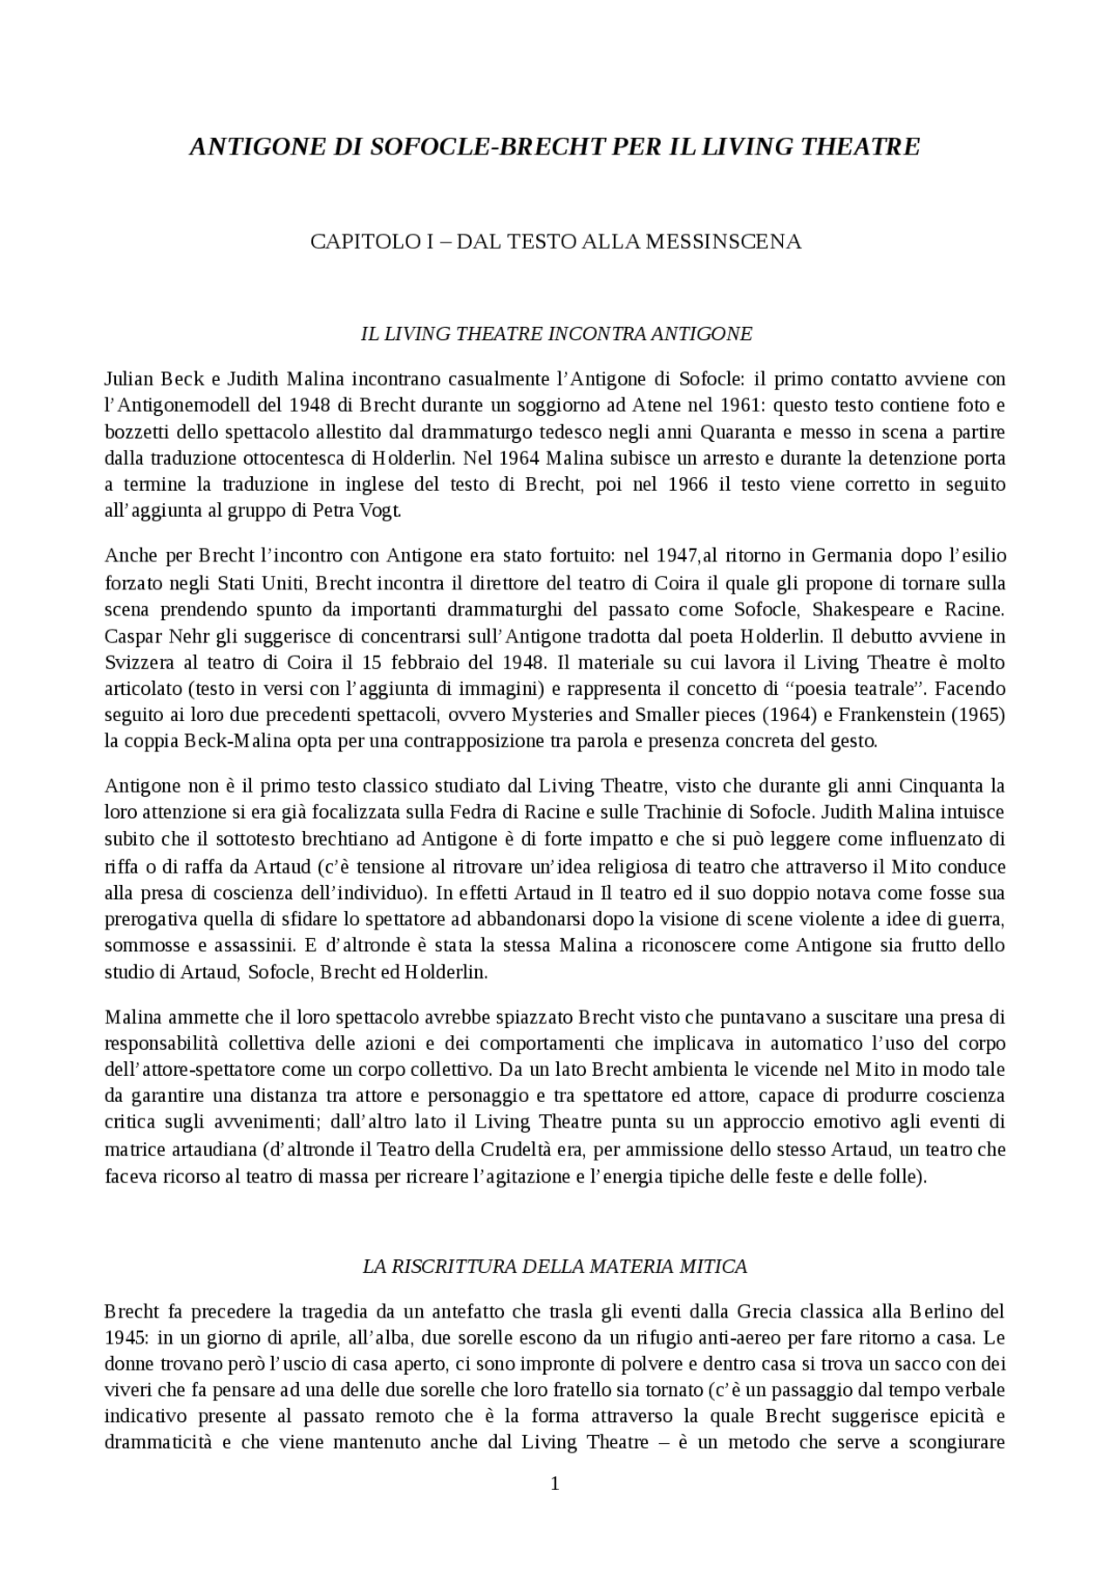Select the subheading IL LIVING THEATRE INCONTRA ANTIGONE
(556, 333)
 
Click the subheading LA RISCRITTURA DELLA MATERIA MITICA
(555, 1266)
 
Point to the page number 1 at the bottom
(555, 1484)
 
